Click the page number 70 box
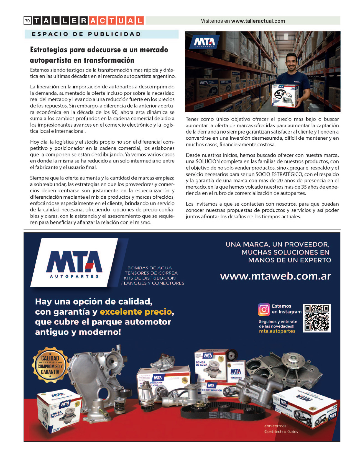click(27, 21)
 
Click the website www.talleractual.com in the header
click(258, 21)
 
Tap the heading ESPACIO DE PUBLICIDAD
click(86, 34)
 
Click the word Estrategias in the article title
click(48, 50)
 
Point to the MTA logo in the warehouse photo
click(205, 42)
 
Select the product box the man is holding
click(285, 95)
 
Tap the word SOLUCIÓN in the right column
click(208, 162)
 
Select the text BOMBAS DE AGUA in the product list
click(150, 268)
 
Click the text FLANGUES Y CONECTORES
click(152, 283)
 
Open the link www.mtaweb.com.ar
click(275, 276)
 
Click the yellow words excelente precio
click(136, 312)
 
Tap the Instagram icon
click(264, 309)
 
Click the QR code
click(317, 318)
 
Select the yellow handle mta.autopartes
click(277, 331)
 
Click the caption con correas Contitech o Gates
click(281, 429)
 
